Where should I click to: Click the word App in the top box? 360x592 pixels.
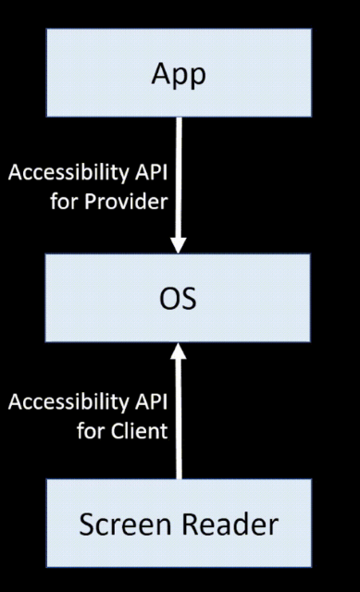[179, 76]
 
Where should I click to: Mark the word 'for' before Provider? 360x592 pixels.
[62, 201]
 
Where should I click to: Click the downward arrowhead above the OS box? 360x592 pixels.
[179, 243]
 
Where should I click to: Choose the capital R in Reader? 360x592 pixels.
[187, 524]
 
